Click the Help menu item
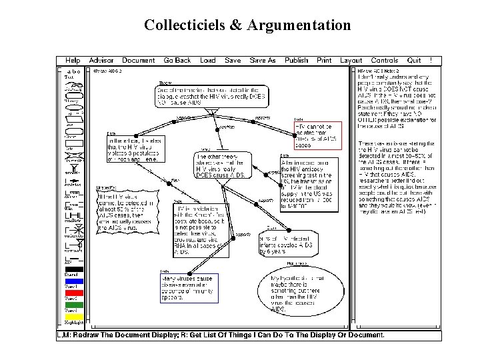coord(73,61)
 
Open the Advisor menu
coord(101,61)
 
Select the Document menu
coord(138,61)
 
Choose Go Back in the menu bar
coord(177,61)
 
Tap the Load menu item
coord(208,61)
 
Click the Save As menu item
coord(263,61)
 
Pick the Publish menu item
coord(297,61)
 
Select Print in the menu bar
coord(325,61)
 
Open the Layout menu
coord(351,61)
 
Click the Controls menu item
coord(385,61)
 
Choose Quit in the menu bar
coord(415,61)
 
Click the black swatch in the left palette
coord(73,269)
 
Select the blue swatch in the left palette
coord(73,281)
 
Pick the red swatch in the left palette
coord(73,293)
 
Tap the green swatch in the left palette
coord(73,305)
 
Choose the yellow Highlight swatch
coord(73,316)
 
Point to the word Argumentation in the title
coord(299,25)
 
